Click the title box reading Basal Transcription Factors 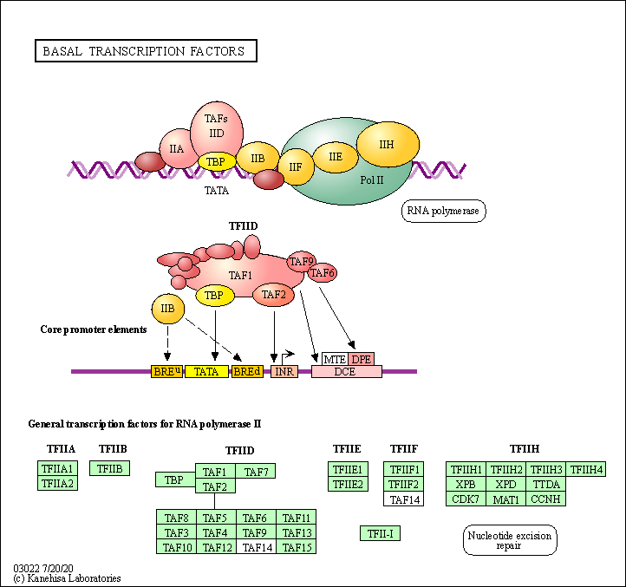click(x=145, y=51)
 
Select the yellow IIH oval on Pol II click(x=386, y=144)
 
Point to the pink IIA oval click(x=176, y=148)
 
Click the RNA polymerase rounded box click(x=443, y=211)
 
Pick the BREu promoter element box click(x=166, y=371)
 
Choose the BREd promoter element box click(x=247, y=371)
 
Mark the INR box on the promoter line click(x=284, y=371)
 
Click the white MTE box click(x=335, y=358)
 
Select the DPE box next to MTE click(x=361, y=358)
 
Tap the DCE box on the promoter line click(x=346, y=371)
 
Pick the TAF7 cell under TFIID click(x=255, y=472)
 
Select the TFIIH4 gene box click(x=587, y=470)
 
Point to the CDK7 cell click(x=466, y=499)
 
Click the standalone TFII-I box click(x=380, y=533)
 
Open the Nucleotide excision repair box click(x=510, y=540)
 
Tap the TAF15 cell click(x=297, y=547)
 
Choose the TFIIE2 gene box click(x=349, y=483)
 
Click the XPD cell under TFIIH click(x=506, y=484)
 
